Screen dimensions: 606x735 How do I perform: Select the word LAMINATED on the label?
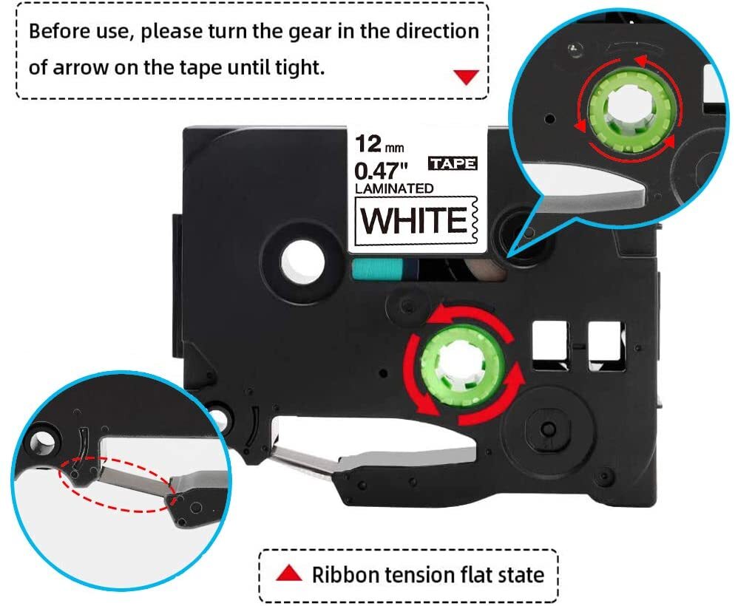coord(394,188)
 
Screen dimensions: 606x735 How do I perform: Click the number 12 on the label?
coord(367,143)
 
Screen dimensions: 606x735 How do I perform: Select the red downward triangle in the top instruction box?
coord(465,77)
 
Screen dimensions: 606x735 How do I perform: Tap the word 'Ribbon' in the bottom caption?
coord(344,573)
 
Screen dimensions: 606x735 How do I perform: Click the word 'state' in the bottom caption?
coord(521,573)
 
